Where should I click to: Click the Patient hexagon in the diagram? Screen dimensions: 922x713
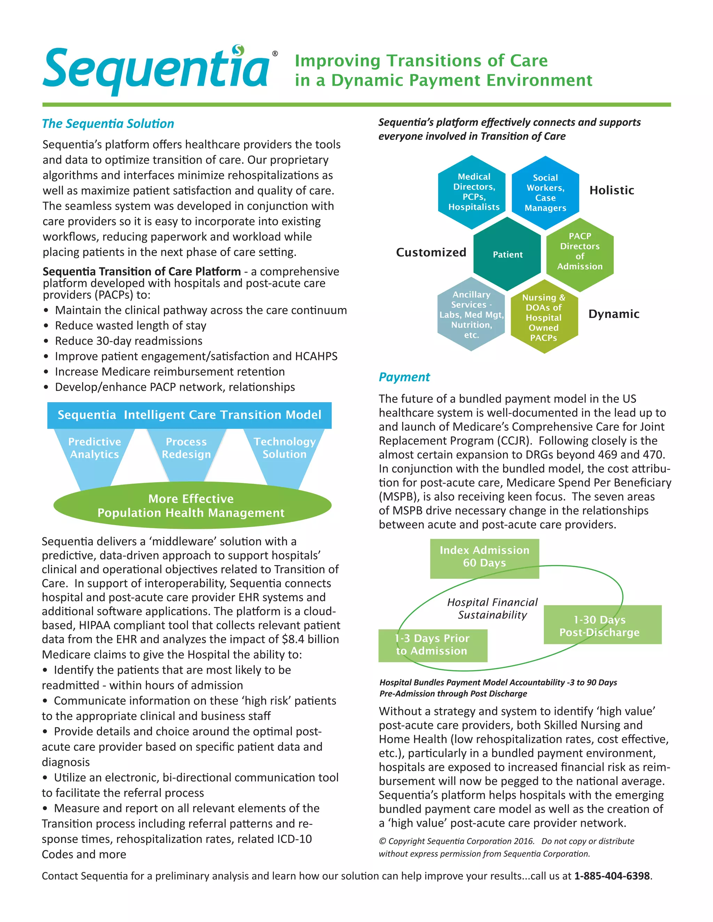507,254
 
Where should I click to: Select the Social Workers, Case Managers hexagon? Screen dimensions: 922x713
545,192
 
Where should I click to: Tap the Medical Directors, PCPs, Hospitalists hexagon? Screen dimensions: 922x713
473,192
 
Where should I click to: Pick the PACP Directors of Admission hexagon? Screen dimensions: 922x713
580,252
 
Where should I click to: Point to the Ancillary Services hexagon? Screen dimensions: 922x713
471,315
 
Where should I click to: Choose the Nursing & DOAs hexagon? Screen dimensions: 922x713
543,317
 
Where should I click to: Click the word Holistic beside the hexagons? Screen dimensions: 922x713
612,190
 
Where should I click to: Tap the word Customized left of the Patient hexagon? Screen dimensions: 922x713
431,253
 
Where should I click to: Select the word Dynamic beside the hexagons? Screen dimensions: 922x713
614,314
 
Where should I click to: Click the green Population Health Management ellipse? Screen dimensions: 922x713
192,505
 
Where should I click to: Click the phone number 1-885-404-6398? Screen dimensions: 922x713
612,876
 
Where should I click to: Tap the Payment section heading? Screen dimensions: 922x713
404,377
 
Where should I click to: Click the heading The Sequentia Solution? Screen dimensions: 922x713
108,124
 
